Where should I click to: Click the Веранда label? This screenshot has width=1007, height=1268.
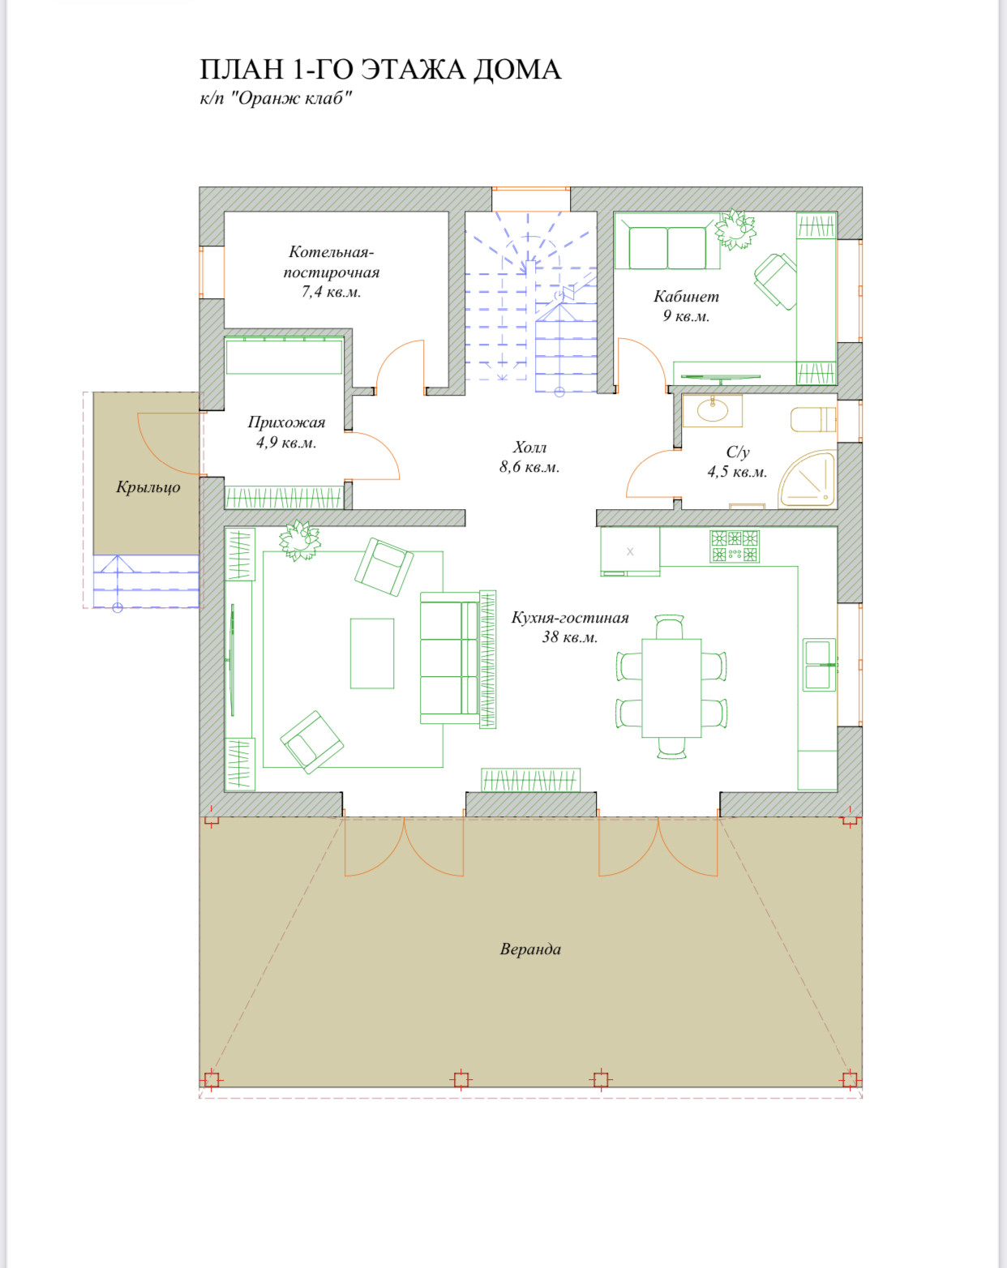coord(530,949)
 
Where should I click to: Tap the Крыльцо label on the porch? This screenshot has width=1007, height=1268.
coord(148,487)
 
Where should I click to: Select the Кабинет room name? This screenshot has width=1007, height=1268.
coord(687,297)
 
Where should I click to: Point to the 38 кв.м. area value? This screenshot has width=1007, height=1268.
coord(570,637)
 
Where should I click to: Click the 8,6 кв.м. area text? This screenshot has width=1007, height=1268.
coord(529,467)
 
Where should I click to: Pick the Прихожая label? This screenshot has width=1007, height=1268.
coord(286,422)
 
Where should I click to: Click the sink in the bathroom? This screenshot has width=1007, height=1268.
coord(713,410)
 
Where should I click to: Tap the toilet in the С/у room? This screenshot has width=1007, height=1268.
coord(813,419)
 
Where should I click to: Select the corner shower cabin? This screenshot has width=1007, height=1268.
coord(808,480)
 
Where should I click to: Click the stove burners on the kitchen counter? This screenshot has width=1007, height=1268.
coord(735,546)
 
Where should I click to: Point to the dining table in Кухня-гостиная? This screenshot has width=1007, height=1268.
coord(671,688)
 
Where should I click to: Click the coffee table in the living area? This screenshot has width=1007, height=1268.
coord(372,653)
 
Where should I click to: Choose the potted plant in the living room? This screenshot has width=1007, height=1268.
coord(300,540)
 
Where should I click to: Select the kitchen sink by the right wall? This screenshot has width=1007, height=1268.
coord(819,665)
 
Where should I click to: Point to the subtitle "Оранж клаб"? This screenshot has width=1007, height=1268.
coord(290,98)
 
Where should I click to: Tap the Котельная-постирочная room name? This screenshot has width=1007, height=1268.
coord(331,262)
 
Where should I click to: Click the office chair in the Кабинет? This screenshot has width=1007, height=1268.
coord(775,281)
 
